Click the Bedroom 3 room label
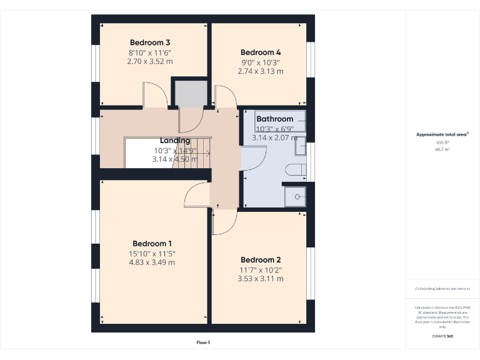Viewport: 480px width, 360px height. point(150,42)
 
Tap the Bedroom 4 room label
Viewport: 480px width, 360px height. point(261,52)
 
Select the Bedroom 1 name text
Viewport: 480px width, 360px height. point(152,244)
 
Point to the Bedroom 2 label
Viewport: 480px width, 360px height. point(261,260)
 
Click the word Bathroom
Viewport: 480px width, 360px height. point(274,119)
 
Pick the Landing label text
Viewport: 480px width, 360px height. point(175,141)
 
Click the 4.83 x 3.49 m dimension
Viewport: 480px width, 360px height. point(152,262)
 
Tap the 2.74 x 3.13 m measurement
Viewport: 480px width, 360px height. point(261,71)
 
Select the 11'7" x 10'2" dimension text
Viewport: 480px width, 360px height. point(261,270)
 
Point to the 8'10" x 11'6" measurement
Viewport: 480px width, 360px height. point(150,52)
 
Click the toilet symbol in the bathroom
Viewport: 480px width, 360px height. point(296,169)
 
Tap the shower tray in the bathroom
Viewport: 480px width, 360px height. point(295,196)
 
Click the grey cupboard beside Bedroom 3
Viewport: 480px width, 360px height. point(190,93)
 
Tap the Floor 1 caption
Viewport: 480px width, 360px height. point(203,342)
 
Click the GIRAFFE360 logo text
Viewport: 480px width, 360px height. point(442,336)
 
